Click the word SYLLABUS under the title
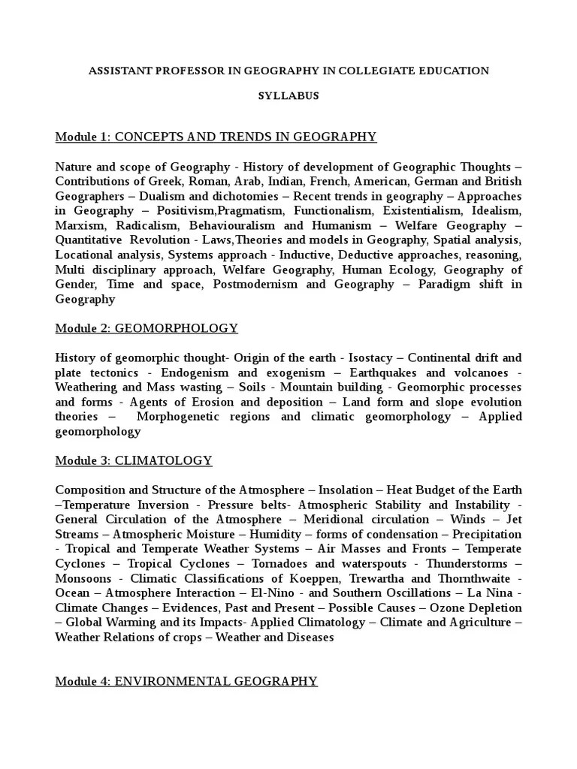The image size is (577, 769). pos(288,96)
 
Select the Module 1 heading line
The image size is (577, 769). pos(216,137)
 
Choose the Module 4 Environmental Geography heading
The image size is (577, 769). pos(186,681)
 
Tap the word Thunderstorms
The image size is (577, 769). pos(467,564)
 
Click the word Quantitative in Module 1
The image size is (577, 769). pos(87,240)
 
